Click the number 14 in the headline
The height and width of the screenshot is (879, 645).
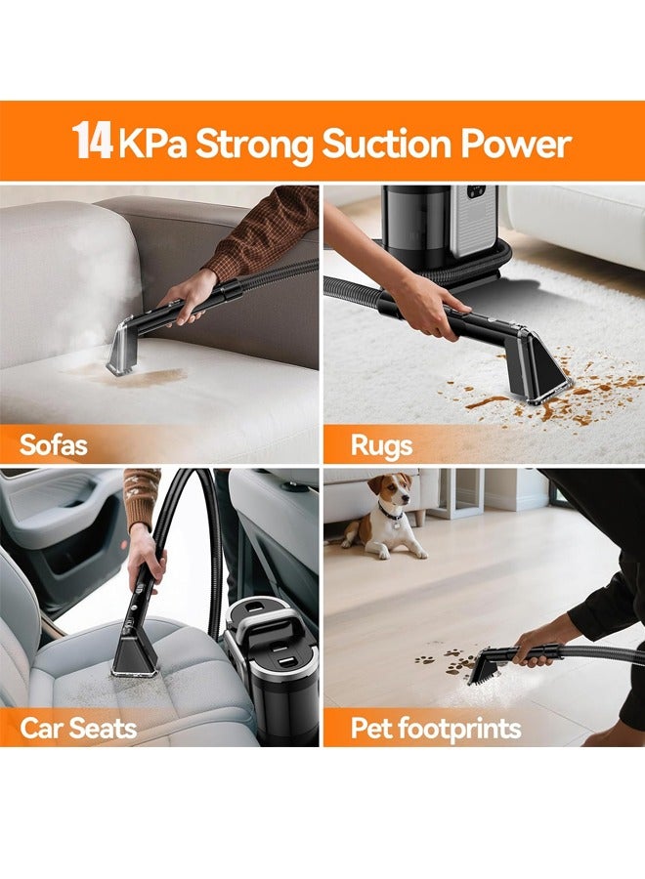click(x=93, y=142)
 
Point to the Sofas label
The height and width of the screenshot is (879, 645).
click(x=54, y=445)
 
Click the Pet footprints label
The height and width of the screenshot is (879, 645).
click(x=436, y=728)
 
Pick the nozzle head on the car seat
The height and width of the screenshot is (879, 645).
click(x=135, y=651)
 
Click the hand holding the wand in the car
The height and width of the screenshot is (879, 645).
click(x=145, y=553)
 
